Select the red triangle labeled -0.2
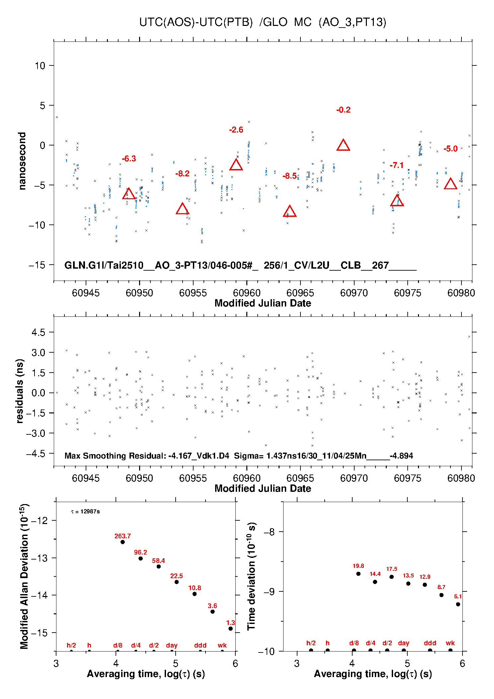click(x=343, y=145)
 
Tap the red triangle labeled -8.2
click(x=182, y=209)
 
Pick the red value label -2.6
click(x=236, y=130)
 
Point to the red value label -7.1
click(x=397, y=165)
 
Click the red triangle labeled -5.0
click(x=451, y=184)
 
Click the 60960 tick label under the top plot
click(x=247, y=293)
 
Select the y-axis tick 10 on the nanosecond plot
click(x=40, y=66)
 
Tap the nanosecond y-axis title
click(x=22, y=161)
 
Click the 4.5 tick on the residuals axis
click(x=39, y=332)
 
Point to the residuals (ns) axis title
click(x=20, y=391)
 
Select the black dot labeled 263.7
click(x=123, y=542)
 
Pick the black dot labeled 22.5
click(x=177, y=582)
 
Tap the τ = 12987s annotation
click(x=85, y=511)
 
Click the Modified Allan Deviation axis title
click(x=24, y=576)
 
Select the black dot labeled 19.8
click(x=359, y=573)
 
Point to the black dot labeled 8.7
click(x=442, y=595)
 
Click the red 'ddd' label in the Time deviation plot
click(x=430, y=643)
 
